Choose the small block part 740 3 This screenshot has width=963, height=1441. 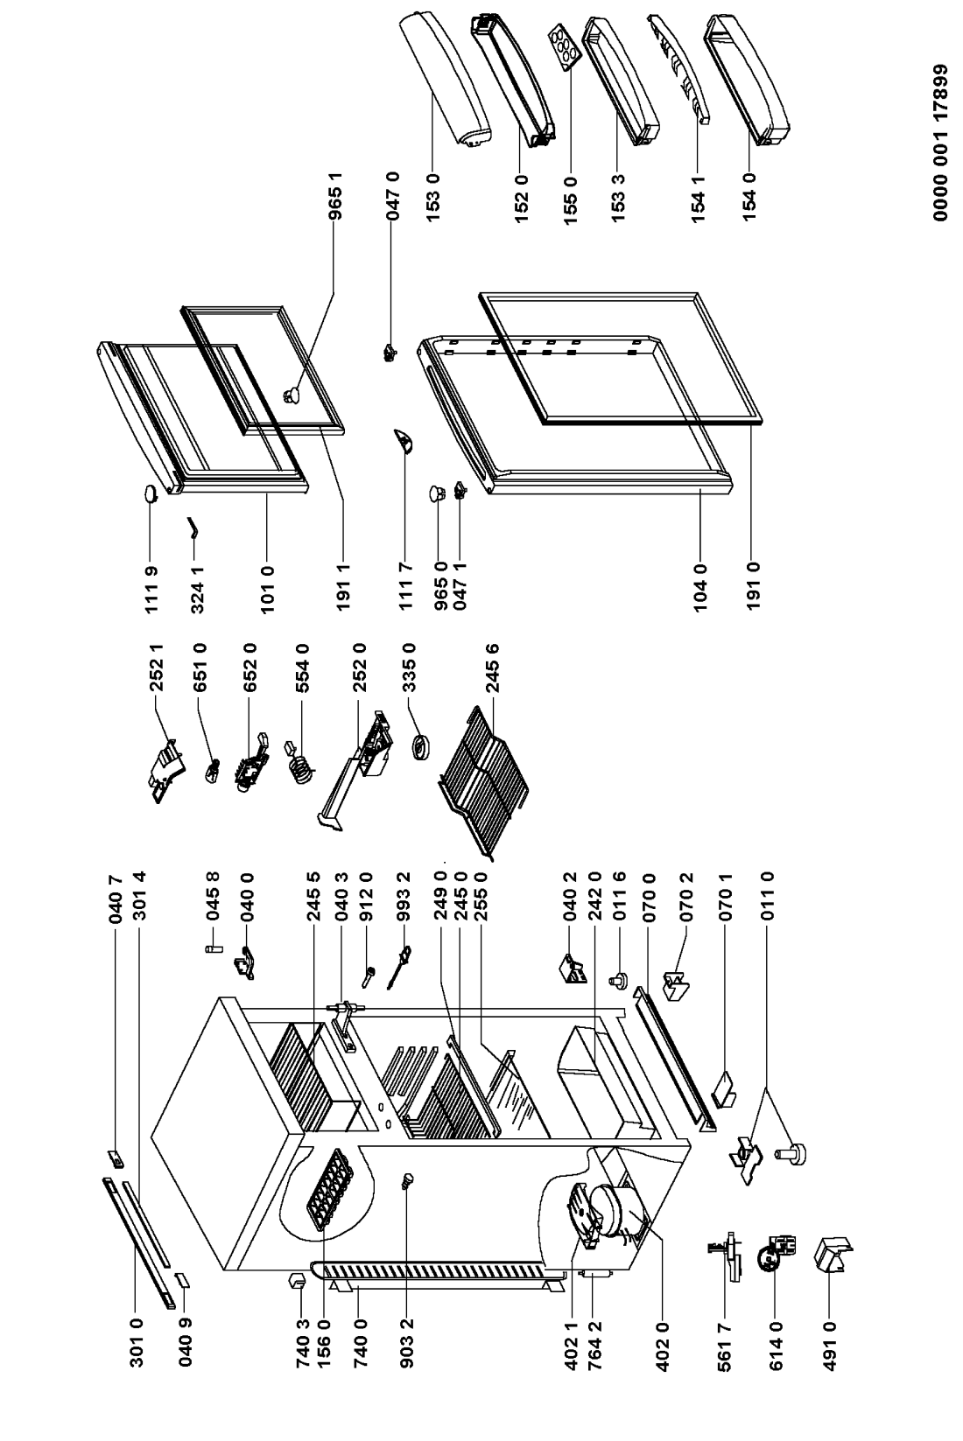click(295, 1282)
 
